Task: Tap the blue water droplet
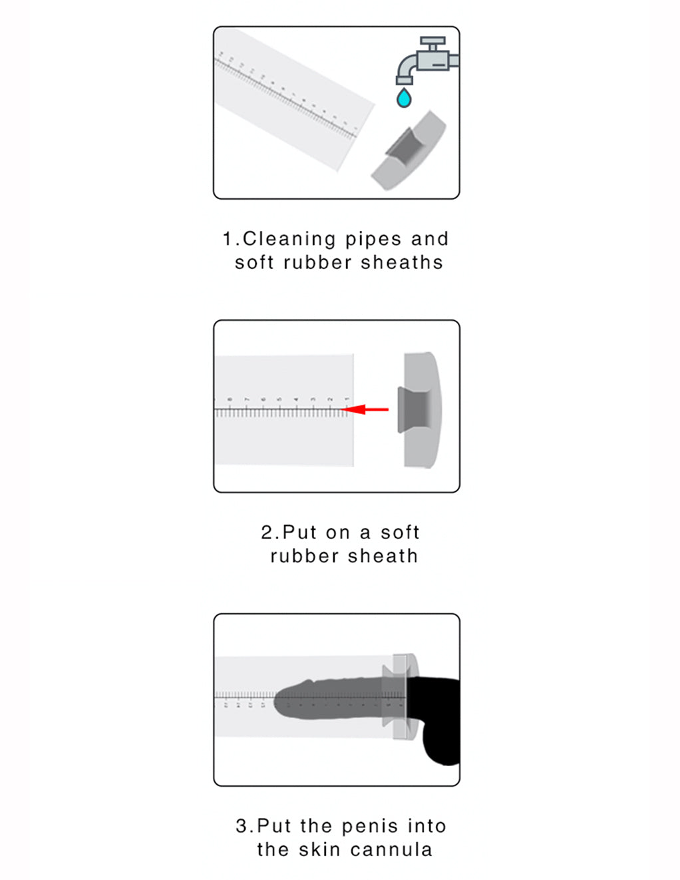pyautogui.click(x=403, y=99)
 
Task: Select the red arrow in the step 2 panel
pyautogui.click(x=368, y=409)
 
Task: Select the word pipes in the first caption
pyautogui.click(x=373, y=239)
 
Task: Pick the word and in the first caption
pyautogui.click(x=430, y=239)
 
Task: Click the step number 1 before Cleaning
pyautogui.click(x=228, y=239)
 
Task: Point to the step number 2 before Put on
pyautogui.click(x=267, y=533)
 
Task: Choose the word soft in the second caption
pyautogui.click(x=400, y=533)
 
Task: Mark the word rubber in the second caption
pyautogui.click(x=304, y=556)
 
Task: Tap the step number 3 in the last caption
pyautogui.click(x=242, y=826)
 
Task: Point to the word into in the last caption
pyautogui.click(x=426, y=826)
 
